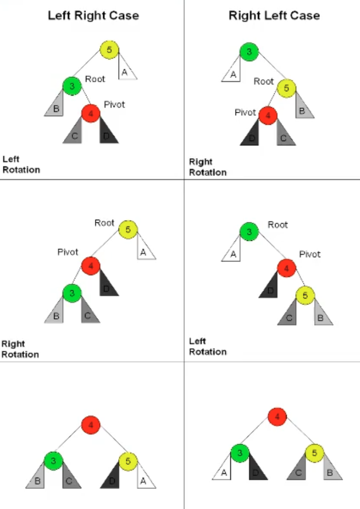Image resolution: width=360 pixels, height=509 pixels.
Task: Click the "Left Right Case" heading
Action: [93, 15]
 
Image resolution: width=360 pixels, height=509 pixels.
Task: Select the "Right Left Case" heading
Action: [275, 15]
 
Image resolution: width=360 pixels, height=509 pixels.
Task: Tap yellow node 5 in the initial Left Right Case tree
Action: [109, 50]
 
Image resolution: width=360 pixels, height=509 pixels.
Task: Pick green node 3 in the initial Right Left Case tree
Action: [249, 52]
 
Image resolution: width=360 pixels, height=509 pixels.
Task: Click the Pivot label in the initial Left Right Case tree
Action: [114, 104]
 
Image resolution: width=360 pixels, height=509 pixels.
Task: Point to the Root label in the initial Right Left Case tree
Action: [264, 81]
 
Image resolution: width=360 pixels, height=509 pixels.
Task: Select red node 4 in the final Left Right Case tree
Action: [91, 425]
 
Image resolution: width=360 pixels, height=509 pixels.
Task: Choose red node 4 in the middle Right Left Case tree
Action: [287, 268]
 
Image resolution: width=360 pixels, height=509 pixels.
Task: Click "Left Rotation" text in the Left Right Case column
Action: [21, 165]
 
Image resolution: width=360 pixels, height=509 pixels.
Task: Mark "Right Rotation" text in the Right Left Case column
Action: [208, 167]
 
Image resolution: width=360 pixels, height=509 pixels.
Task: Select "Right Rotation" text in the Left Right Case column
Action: [20, 349]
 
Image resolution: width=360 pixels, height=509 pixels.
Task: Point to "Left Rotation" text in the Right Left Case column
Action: [208, 346]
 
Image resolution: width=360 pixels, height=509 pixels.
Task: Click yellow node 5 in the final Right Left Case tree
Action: [315, 453]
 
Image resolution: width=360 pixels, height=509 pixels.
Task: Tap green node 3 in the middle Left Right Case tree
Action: [72, 293]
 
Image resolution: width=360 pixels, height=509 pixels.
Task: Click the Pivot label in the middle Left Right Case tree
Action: [68, 252]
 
